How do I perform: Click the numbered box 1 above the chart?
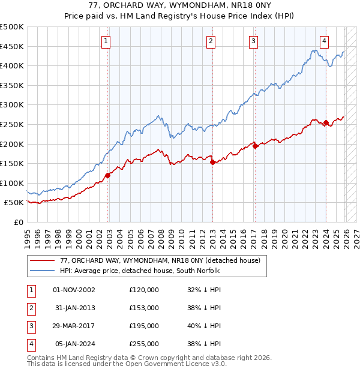click(x=106, y=41)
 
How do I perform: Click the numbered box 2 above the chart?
click(x=211, y=41)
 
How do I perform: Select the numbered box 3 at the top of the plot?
click(x=254, y=41)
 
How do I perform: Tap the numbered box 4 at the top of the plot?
click(x=324, y=41)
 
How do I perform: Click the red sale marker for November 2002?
click(x=108, y=175)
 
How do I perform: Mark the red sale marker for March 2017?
click(x=255, y=146)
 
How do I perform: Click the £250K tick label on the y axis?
click(x=12, y=124)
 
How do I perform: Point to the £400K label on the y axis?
click(x=12, y=65)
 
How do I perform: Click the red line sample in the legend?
click(x=42, y=261)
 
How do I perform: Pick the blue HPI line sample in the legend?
click(x=42, y=271)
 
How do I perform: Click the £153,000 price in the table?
click(x=144, y=308)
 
